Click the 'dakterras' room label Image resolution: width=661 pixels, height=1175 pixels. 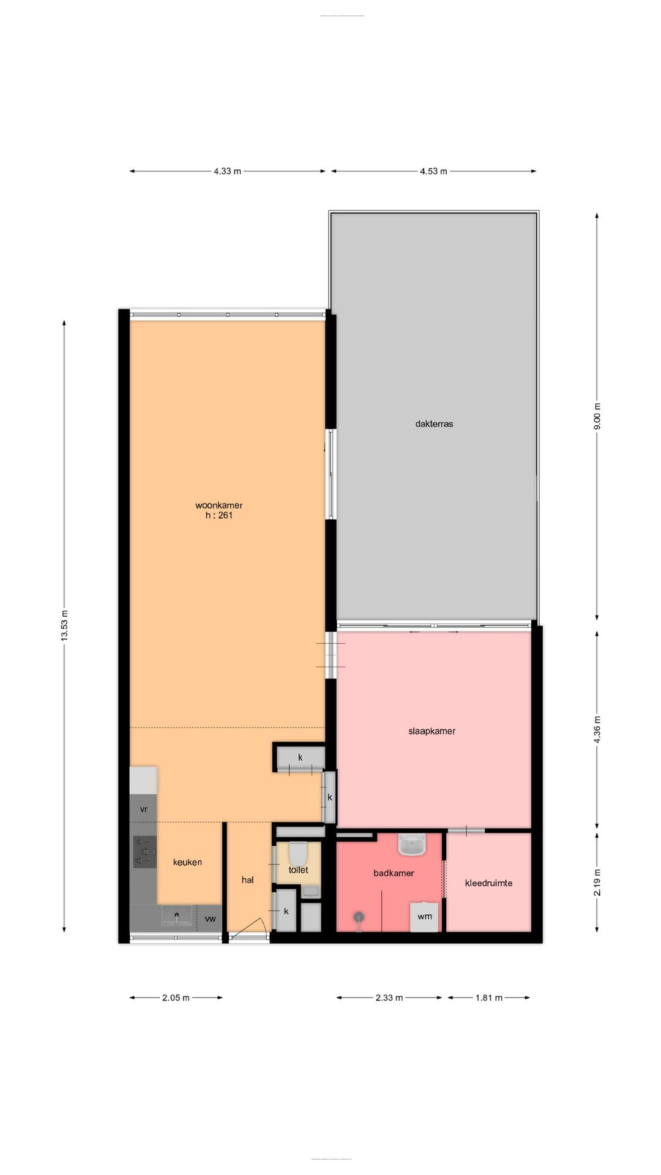(434, 423)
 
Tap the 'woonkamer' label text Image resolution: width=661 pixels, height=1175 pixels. (219, 505)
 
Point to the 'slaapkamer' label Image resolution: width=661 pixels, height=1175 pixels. (431, 731)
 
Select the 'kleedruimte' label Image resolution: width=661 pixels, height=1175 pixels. (488, 883)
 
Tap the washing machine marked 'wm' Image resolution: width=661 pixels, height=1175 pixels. (424, 916)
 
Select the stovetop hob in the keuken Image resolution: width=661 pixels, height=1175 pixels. (145, 851)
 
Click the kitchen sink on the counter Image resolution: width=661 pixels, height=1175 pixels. (177, 916)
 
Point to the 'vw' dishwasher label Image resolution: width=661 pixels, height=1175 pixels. (210, 919)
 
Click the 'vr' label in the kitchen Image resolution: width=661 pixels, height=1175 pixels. (143, 809)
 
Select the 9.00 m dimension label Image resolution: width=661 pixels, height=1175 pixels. (597, 416)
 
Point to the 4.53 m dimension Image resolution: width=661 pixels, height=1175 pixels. (433, 171)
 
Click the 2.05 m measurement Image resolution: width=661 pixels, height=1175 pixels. (176, 998)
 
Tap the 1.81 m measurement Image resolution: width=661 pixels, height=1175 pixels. (488, 998)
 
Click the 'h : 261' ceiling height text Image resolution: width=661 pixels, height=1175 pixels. (219, 515)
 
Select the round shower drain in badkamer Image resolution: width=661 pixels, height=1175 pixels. (359, 916)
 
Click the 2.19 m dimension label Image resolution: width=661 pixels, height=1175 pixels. (597, 882)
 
